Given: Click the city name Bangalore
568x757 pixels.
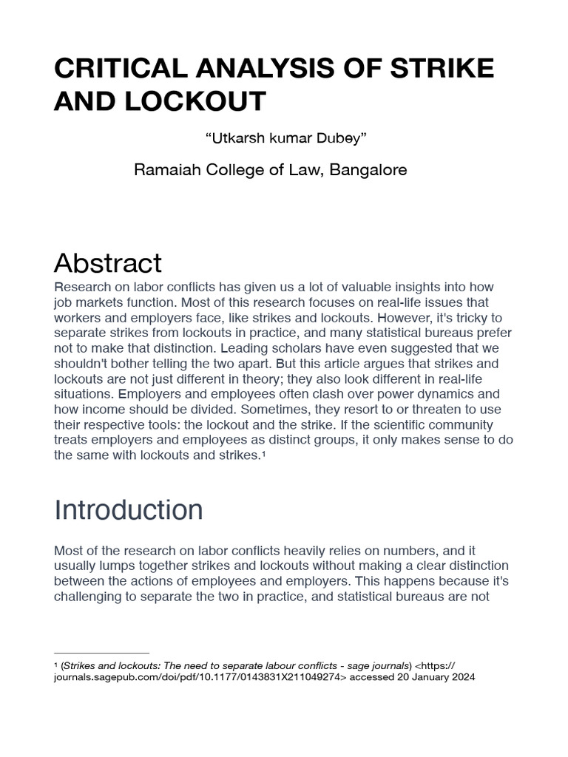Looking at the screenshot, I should click(368, 170).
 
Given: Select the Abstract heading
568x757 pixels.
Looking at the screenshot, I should click(108, 262).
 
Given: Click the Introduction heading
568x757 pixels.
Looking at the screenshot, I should click(129, 510).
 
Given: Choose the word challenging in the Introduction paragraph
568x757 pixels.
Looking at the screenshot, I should click(87, 597).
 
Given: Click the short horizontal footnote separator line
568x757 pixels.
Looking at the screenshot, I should click(102, 653).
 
